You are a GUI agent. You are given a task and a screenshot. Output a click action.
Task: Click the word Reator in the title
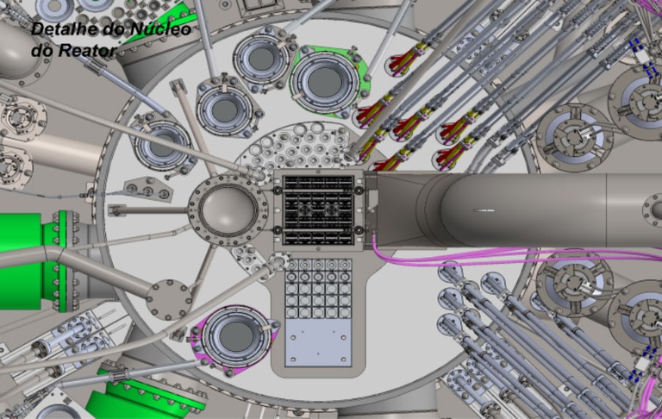(87, 51)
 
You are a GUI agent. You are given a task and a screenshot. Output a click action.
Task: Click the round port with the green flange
(325, 82)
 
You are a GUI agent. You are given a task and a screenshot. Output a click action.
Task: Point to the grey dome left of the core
(228, 209)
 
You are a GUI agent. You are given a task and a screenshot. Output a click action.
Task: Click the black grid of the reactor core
(318, 210)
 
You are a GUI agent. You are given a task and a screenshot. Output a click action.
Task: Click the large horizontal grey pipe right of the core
(519, 209)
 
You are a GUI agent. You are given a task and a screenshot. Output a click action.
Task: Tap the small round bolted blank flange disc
(169, 299)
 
